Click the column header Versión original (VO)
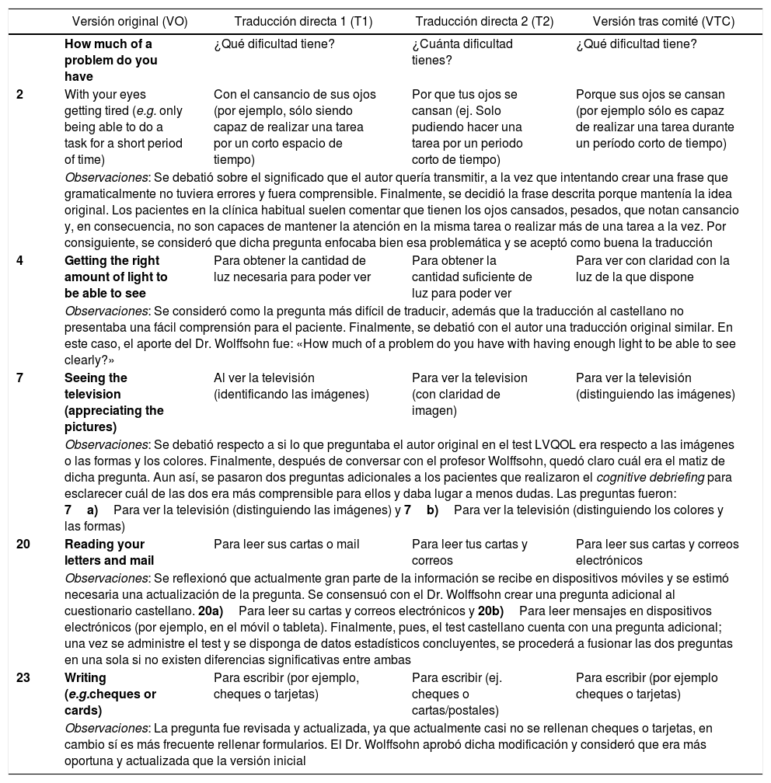click(130, 22)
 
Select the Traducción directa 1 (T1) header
click(292, 22)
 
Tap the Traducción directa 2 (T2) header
click(484, 22)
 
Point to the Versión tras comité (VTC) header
click(663, 22)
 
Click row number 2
click(19, 94)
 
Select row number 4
click(19, 260)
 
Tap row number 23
click(23, 678)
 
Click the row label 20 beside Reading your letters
click(23, 544)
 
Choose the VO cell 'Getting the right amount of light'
click(117, 277)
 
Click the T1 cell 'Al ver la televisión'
click(291, 385)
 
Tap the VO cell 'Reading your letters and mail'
click(109, 552)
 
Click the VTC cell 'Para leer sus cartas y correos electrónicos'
click(657, 552)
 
